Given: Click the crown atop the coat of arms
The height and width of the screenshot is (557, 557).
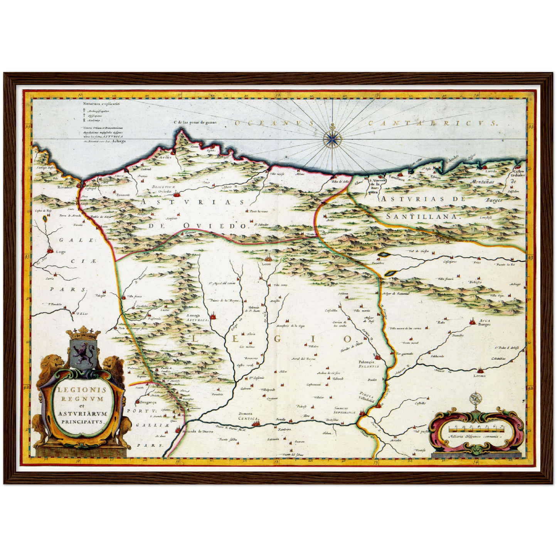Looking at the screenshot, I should coord(83,332).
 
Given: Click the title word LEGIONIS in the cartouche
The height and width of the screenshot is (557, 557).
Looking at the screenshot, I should coord(82,390).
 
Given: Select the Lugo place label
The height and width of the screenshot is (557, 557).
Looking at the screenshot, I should coord(61,252).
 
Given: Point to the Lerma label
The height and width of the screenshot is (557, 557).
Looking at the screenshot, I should coord(480,375).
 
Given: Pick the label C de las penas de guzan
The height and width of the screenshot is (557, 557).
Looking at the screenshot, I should coord(195,123).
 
